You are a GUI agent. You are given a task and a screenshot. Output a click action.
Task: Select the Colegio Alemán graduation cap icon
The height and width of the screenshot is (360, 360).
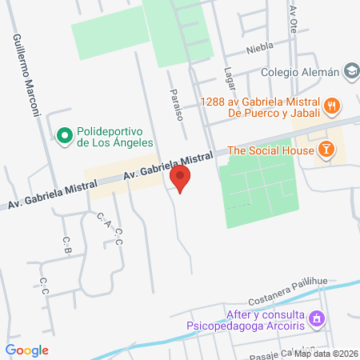pos(351,72)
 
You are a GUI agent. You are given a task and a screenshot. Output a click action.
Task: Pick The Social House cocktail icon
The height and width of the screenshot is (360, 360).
pos(326,150)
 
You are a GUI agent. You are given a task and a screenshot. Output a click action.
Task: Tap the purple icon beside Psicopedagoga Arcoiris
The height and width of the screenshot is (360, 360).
pos(318,318)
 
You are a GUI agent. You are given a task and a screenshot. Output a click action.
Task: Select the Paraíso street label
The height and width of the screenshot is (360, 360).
pos(177,103)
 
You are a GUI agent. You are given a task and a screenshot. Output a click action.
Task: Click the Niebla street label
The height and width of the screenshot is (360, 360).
pos(260,46)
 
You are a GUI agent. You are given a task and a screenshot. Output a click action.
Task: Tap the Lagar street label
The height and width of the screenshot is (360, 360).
pos(230,78)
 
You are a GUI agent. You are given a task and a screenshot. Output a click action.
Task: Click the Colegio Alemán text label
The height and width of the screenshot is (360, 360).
pos(302,72)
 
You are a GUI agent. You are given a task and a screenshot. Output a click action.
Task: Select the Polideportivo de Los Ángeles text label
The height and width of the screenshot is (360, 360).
pos(115,138)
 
